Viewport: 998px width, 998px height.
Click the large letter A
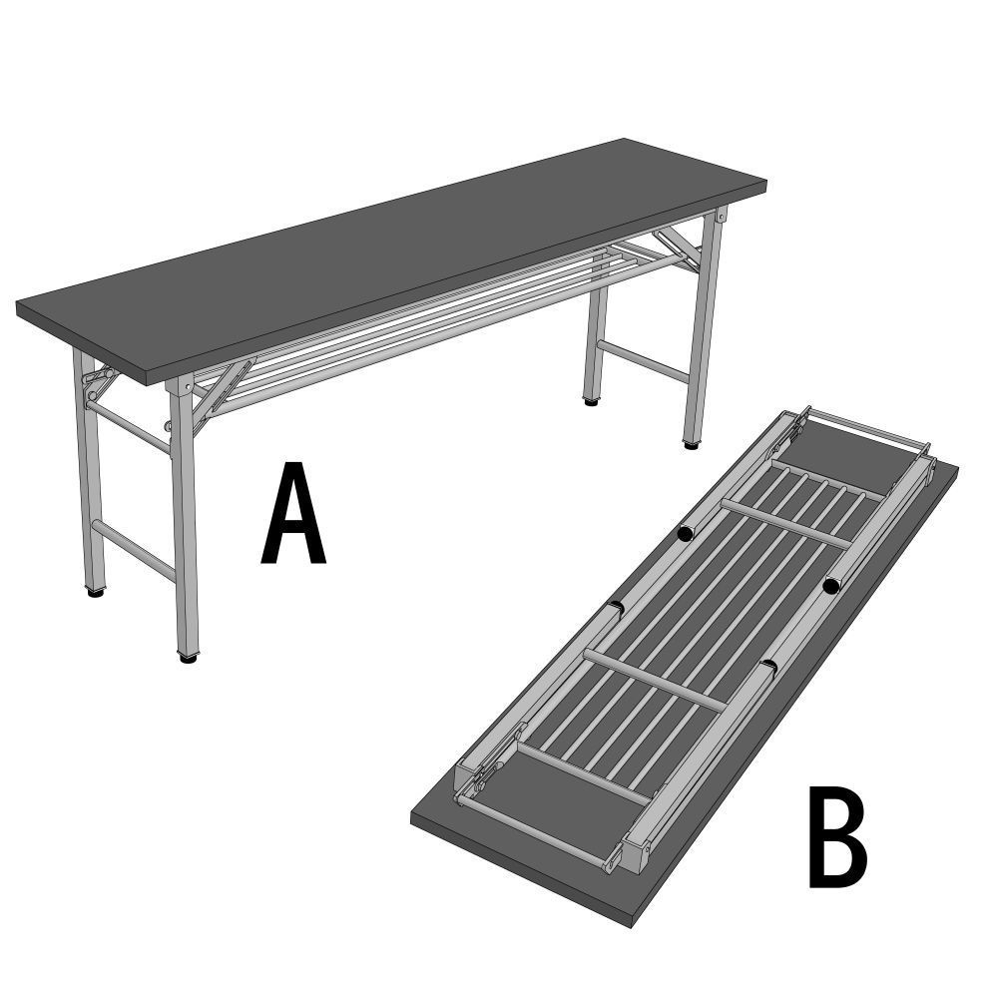[292, 515]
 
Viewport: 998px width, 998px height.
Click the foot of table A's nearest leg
[188, 657]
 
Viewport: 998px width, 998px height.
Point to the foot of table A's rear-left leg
[95, 591]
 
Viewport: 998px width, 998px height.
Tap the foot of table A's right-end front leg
[691, 442]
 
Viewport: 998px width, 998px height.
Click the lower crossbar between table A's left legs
[134, 549]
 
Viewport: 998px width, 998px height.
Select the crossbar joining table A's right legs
[643, 361]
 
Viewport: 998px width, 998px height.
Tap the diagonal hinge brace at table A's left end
[222, 393]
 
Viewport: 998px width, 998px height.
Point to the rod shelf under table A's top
[419, 317]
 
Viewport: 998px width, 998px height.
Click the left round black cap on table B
[685, 534]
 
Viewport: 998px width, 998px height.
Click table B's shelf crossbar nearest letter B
[654, 679]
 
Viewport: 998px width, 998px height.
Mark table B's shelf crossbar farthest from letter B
[788, 520]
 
